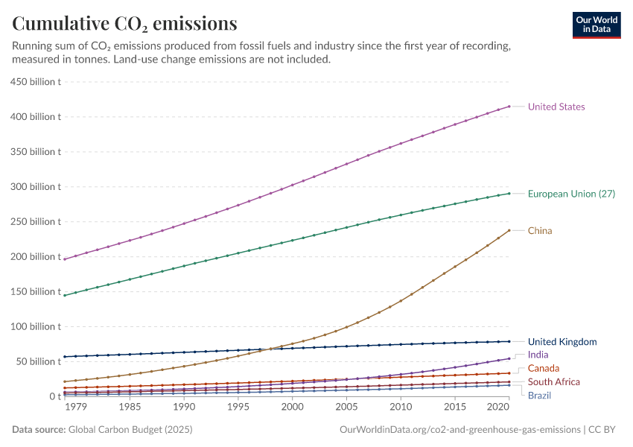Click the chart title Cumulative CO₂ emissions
[125, 24]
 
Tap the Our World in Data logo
[596, 25]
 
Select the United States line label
[556, 107]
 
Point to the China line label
[539, 231]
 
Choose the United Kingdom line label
[562, 342]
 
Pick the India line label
[538, 355]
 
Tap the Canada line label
[543, 369]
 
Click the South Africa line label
[553, 382]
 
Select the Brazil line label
[539, 395]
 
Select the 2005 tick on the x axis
[346, 408]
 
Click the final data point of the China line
[509, 230]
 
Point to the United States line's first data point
[66, 259]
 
